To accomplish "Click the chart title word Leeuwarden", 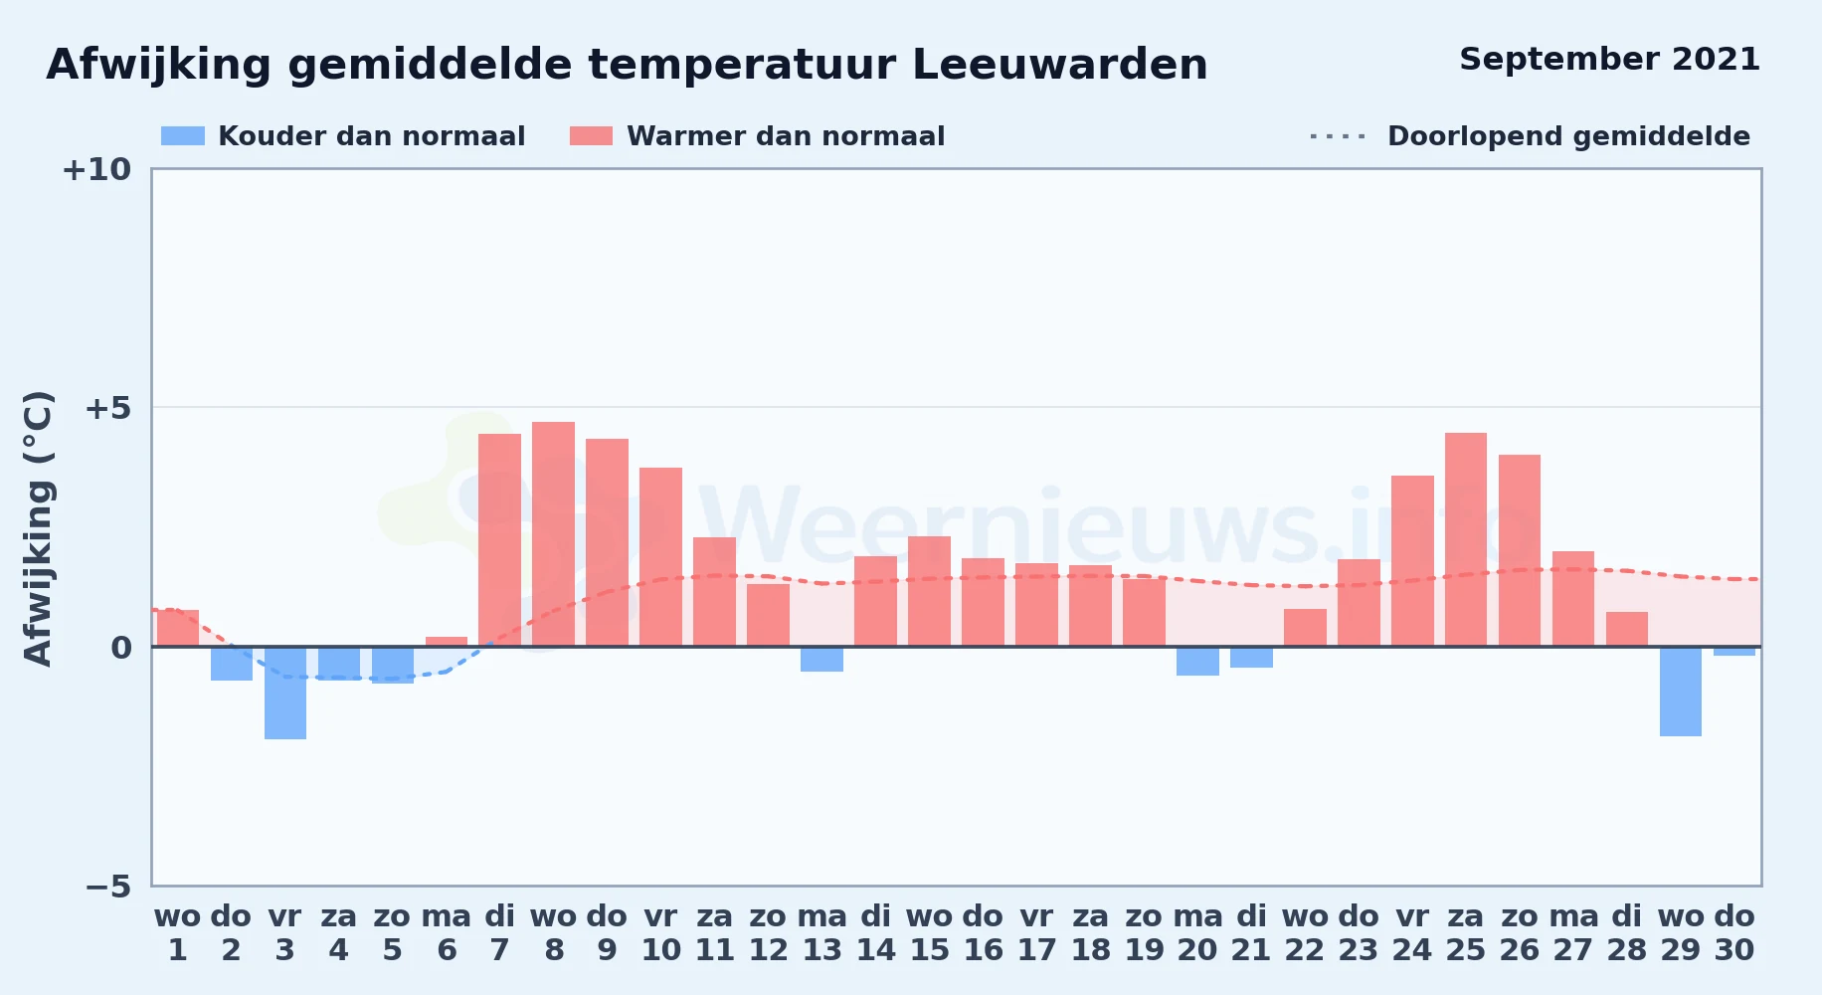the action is pos(1059,65).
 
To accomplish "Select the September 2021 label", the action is pos(1609,59).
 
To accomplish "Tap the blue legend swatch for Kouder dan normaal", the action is pos(183,136).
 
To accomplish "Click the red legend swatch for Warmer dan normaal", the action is pos(591,136).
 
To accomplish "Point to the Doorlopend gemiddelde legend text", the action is pos(1568,136).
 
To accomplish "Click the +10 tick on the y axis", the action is pos(96,169).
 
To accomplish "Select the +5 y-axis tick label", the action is pos(107,408).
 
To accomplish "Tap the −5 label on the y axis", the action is pos(107,886).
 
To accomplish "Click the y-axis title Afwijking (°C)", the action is pos(38,527).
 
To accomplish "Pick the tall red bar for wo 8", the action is pos(553,534).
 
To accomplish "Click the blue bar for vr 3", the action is pos(285,694).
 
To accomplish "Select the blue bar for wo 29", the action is pos(1681,692).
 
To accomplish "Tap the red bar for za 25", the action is pos(1466,539).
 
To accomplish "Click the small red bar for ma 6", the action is pos(447,642).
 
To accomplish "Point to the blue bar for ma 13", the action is pos(821,660).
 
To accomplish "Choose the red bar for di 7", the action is pos(499,540).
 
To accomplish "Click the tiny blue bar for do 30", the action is pos(1734,652).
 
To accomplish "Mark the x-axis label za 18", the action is pos(1091,933).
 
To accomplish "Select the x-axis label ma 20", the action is pos(1198,933).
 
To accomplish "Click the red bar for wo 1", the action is pos(178,628).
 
